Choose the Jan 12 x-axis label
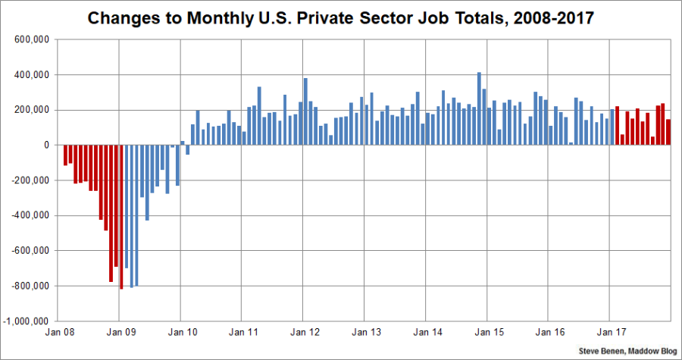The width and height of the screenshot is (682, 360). coord(304,333)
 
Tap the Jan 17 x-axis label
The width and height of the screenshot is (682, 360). coord(610,333)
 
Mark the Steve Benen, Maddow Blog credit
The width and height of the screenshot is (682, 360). coord(627,351)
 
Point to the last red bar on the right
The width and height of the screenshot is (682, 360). coord(668,132)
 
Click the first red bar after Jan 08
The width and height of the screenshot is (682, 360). coord(65,155)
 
